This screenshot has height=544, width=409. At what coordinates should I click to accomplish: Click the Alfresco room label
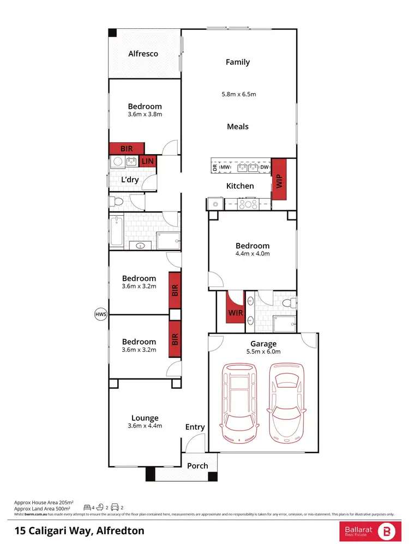pyautogui.click(x=143, y=53)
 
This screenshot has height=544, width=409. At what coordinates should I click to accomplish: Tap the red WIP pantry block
pyautogui.click(x=279, y=179)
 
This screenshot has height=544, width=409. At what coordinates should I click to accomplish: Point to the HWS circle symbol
pyautogui.click(x=100, y=314)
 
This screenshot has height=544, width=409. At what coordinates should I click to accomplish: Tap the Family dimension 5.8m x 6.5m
pyautogui.click(x=238, y=94)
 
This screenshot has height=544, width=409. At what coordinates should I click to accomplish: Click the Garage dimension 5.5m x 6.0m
pyautogui.click(x=263, y=352)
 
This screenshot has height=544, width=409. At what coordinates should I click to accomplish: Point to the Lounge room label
pyautogui.click(x=145, y=418)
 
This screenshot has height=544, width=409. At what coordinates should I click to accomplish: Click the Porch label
pyautogui.click(x=197, y=466)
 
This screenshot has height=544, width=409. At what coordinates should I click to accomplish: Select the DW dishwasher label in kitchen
pyautogui.click(x=264, y=167)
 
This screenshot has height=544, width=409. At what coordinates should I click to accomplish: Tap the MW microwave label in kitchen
pyautogui.click(x=232, y=167)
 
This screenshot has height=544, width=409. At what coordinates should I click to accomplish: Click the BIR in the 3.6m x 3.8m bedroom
pyautogui.click(x=127, y=148)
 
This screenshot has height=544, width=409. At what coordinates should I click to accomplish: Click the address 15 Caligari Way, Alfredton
pyautogui.click(x=79, y=530)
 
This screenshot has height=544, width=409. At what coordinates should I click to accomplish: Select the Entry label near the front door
pyautogui.click(x=195, y=427)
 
